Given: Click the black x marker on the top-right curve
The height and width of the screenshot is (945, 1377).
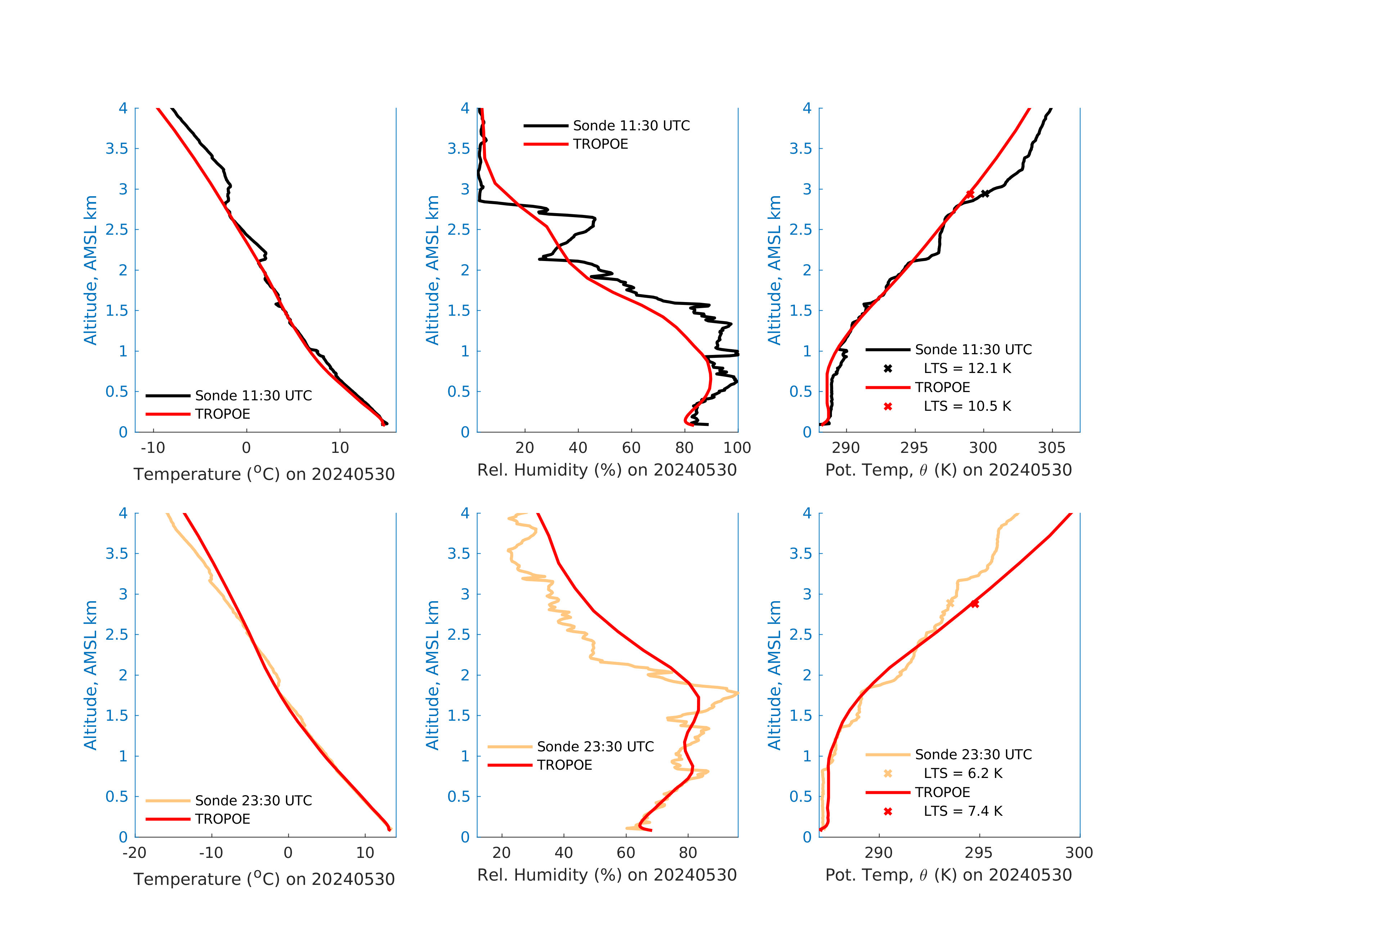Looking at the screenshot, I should [x=985, y=194].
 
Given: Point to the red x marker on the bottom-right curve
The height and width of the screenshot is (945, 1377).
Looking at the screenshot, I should [x=974, y=604].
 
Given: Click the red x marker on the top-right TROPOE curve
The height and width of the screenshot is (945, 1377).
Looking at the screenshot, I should [x=970, y=194].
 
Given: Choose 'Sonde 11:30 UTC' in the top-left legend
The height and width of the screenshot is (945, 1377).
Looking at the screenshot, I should [x=253, y=396].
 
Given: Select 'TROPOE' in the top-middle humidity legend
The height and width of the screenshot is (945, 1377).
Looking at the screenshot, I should [x=600, y=144].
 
